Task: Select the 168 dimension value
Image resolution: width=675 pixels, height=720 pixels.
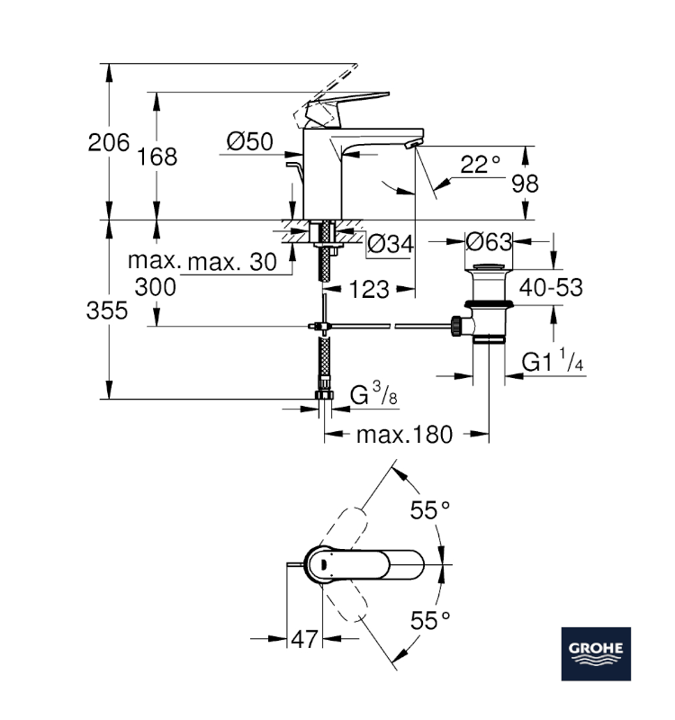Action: [x=157, y=157]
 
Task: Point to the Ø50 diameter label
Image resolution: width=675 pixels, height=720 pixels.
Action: [x=249, y=141]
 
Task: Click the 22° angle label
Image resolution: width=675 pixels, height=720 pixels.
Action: [x=479, y=164]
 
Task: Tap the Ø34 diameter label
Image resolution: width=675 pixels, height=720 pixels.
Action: [x=391, y=243]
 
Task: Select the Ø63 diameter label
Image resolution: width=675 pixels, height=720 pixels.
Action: [x=490, y=241]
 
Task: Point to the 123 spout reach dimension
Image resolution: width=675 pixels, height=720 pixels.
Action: [x=369, y=289]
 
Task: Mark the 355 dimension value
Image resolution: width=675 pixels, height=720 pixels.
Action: [x=108, y=310]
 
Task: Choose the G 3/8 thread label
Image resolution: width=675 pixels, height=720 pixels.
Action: [x=369, y=394]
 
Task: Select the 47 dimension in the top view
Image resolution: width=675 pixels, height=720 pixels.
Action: [x=305, y=640]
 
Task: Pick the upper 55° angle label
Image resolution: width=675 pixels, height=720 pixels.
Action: [x=430, y=510]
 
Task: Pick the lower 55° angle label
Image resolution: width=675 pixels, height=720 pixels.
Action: [x=430, y=620]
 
